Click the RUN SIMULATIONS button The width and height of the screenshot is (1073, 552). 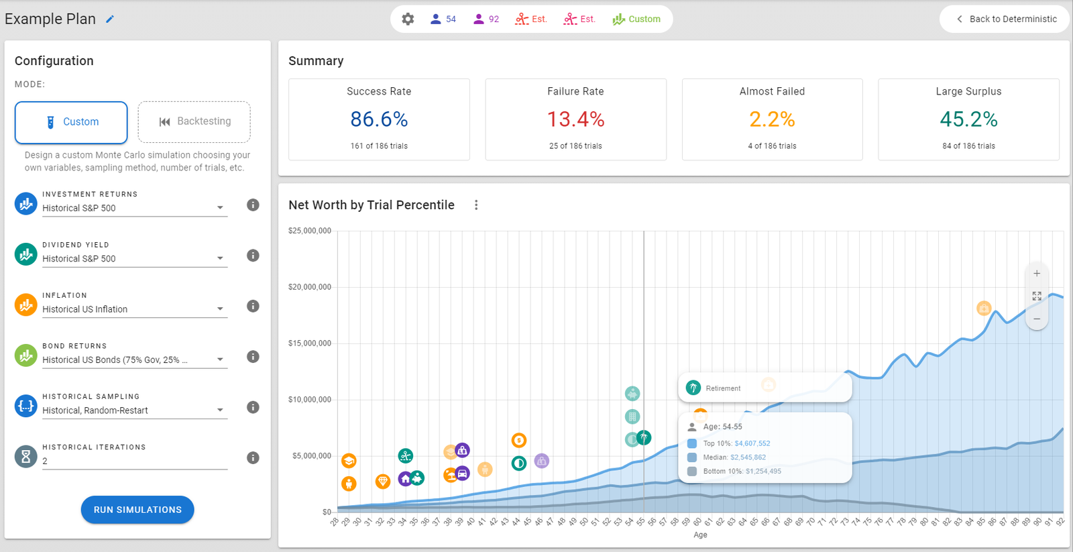[x=137, y=510]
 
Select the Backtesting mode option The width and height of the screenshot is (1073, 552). [x=194, y=121]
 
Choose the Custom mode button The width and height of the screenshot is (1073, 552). [x=71, y=122]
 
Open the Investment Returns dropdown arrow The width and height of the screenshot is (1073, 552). [x=220, y=208]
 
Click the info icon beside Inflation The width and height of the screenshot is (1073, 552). [x=253, y=306]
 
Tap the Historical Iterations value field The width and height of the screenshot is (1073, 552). [x=134, y=461]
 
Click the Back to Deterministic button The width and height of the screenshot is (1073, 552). [x=1006, y=19]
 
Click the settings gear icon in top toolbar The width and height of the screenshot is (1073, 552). [x=408, y=19]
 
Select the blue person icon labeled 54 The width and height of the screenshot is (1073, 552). [x=443, y=19]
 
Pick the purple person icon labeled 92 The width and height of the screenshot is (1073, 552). [x=486, y=19]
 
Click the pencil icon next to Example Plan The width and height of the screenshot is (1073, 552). [x=110, y=19]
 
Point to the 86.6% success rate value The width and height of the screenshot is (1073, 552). [x=379, y=119]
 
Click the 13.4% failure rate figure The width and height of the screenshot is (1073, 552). [x=575, y=119]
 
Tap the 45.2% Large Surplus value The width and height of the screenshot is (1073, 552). [x=968, y=119]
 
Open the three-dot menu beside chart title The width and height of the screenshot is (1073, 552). [x=476, y=205]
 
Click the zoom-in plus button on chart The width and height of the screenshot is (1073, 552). [x=1037, y=274]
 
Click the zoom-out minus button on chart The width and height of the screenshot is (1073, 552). [x=1037, y=319]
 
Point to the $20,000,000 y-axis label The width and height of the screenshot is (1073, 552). [x=310, y=287]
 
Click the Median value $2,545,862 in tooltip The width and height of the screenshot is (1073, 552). [x=748, y=457]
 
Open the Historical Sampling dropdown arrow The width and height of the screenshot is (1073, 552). [x=220, y=410]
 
